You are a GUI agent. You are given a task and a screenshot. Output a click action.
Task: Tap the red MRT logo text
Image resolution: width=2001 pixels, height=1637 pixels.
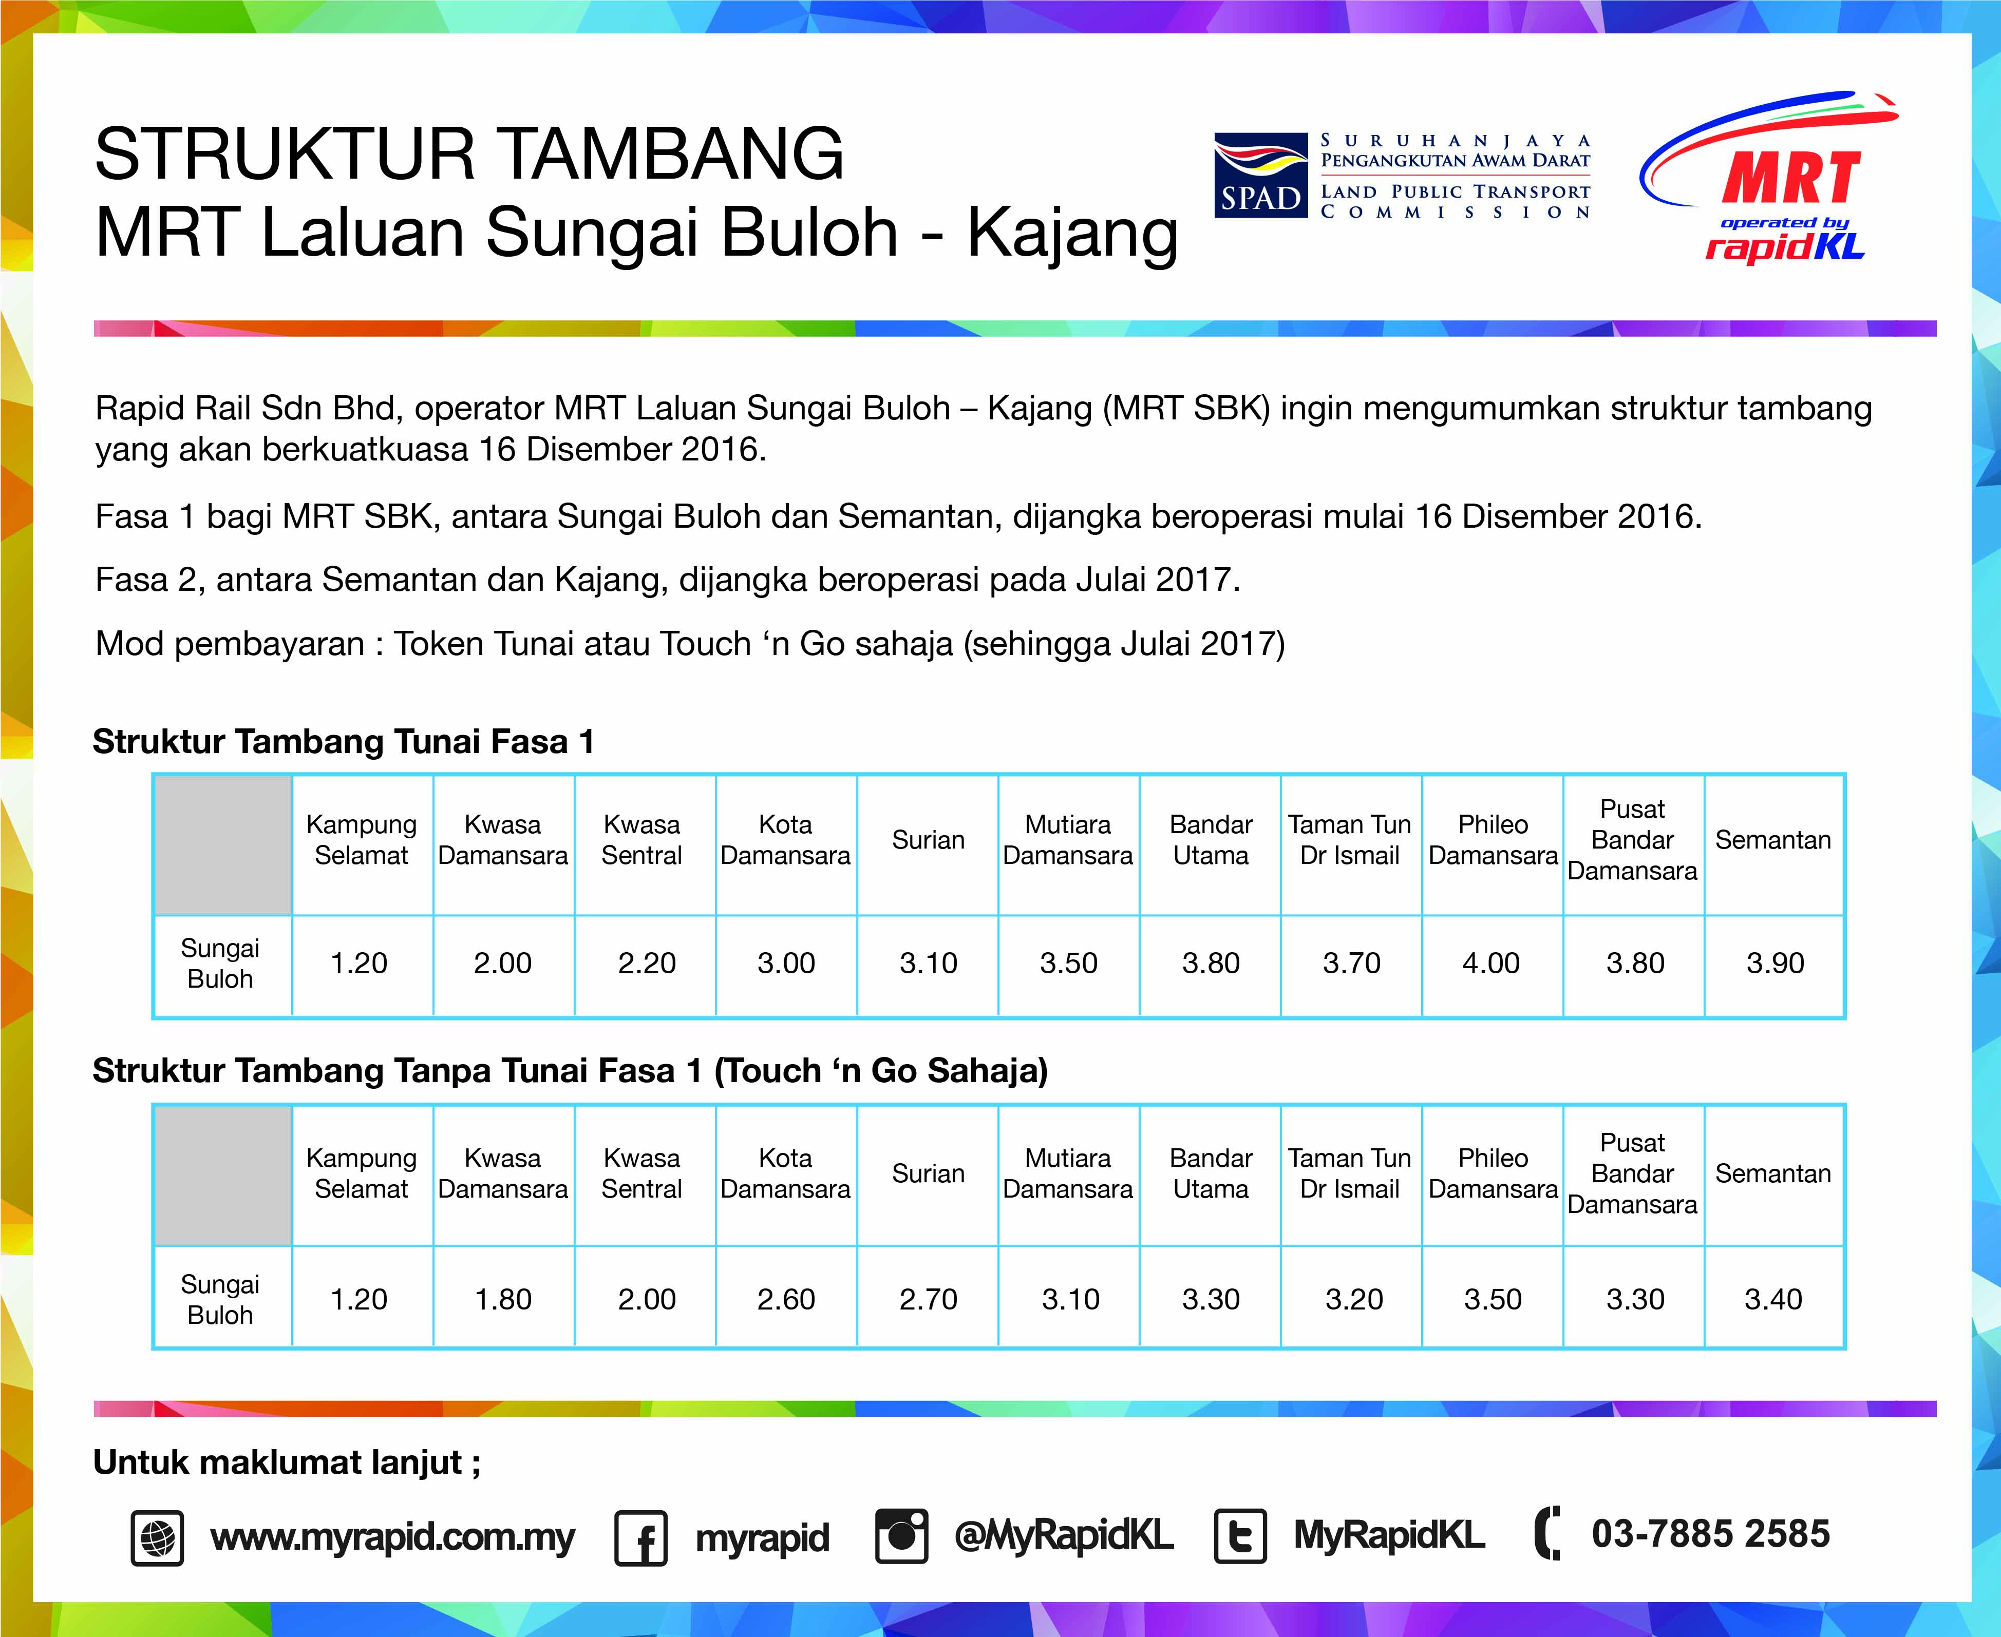coord(1790,179)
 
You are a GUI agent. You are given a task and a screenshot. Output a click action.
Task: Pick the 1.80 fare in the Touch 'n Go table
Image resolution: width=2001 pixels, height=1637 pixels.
coord(503,1299)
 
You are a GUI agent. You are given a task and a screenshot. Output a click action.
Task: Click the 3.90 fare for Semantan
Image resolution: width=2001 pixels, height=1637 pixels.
coord(1775,963)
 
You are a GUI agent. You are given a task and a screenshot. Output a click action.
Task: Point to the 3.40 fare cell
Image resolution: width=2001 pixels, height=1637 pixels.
coord(1772,1299)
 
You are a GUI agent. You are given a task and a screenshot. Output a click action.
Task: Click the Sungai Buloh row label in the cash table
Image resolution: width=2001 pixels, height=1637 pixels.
coord(220,963)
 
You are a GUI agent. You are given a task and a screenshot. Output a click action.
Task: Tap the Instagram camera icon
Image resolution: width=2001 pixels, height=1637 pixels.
coord(901,1535)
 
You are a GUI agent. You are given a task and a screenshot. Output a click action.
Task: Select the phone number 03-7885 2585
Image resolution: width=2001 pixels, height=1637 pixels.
coord(1710,1534)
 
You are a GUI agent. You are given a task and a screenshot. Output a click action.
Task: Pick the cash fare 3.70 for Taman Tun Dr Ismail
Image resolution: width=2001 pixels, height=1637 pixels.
coord(1351,963)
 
